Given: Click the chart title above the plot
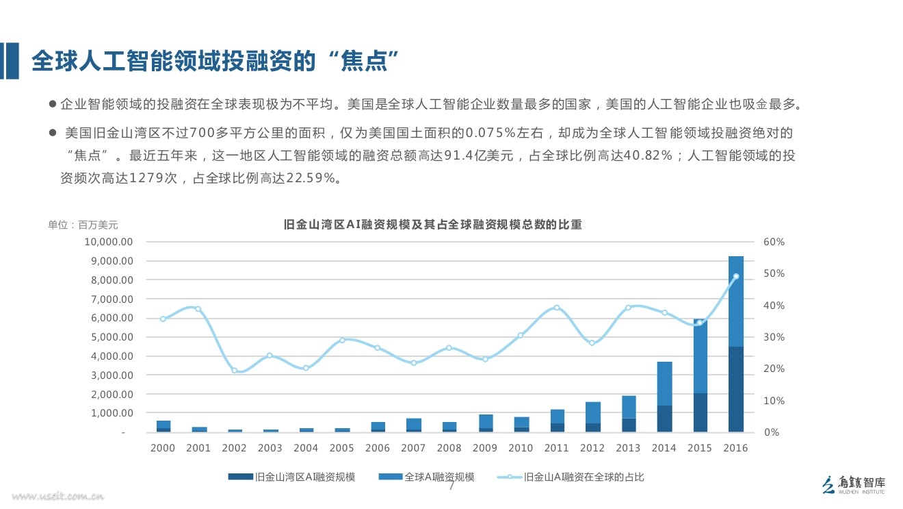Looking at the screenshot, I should [432, 225].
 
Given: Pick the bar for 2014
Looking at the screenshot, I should [664, 397].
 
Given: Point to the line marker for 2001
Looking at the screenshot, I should [198, 309].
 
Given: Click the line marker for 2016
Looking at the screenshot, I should [736, 276].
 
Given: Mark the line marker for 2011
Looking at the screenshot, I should [557, 308].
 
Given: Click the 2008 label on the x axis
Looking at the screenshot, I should [449, 448].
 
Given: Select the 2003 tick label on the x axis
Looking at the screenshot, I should [270, 448].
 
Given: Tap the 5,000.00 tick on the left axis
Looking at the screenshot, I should [110, 337].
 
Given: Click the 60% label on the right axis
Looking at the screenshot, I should [774, 242].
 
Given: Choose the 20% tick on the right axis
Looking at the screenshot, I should [774, 369].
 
